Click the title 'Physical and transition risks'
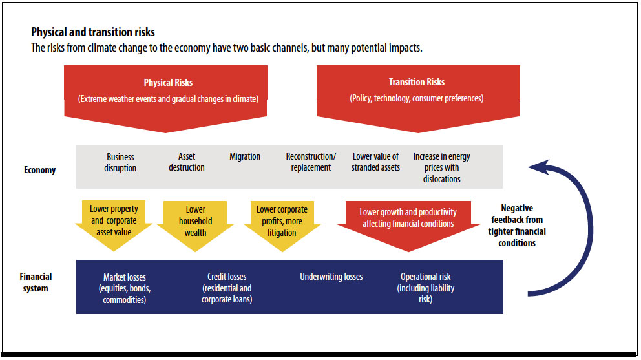click(x=93, y=32)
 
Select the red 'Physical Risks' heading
click(x=168, y=83)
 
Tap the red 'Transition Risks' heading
click(x=417, y=82)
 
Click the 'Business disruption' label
click(x=120, y=162)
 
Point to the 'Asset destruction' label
click(x=187, y=162)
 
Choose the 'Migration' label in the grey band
click(x=245, y=156)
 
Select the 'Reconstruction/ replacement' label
click(x=311, y=162)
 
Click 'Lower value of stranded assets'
click(x=375, y=162)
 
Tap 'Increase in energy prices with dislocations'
click(x=441, y=168)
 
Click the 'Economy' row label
click(x=39, y=170)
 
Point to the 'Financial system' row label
click(x=36, y=282)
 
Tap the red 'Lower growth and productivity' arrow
click(x=408, y=226)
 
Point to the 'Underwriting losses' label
click(x=331, y=277)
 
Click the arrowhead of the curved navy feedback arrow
click(x=539, y=167)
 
